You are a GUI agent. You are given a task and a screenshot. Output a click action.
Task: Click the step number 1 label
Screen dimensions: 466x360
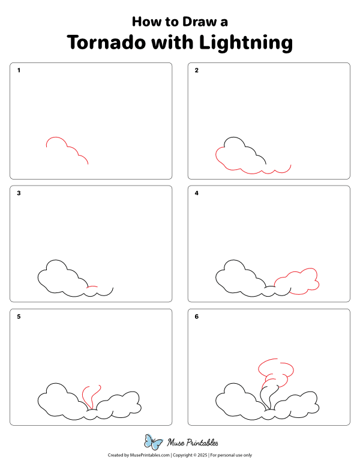click(x=19, y=70)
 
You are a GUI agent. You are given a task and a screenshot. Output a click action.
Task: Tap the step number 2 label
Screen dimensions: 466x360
click(x=196, y=70)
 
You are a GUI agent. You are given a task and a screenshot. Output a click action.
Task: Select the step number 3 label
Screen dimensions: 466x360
click(x=19, y=193)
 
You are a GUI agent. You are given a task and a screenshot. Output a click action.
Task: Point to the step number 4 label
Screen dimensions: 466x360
click(x=196, y=193)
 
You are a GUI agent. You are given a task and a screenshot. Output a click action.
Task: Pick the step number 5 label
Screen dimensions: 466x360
click(x=19, y=316)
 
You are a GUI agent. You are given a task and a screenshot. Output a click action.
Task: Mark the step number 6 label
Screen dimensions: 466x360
click(x=196, y=316)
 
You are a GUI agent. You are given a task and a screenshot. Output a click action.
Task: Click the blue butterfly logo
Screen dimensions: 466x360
click(x=154, y=443)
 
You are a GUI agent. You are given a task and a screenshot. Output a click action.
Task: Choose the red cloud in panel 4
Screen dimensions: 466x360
click(x=298, y=280)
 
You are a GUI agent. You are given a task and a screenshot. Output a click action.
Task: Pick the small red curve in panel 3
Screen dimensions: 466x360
click(x=92, y=287)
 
